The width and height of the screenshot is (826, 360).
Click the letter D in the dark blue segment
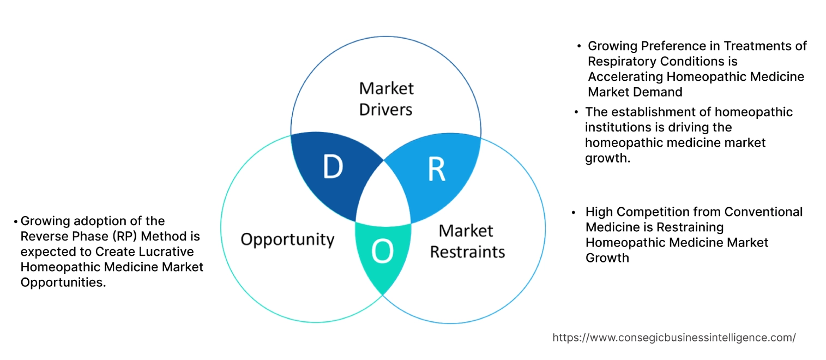click(332, 167)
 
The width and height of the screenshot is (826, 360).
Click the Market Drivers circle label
click(386, 99)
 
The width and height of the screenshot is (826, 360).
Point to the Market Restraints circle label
click(467, 241)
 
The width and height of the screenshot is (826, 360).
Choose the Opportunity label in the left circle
click(287, 239)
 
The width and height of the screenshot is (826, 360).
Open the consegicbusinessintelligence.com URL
click(674, 338)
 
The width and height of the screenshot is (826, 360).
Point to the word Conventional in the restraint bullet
click(766, 212)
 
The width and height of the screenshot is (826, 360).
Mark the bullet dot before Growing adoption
click(16, 221)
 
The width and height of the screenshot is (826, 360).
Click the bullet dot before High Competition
click(574, 212)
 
